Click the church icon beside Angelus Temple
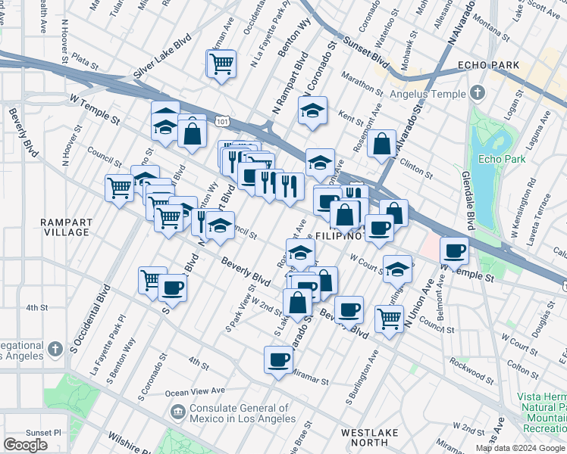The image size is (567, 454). click(477, 94)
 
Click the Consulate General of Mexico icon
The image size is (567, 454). click(177, 412)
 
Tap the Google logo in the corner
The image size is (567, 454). click(25, 445)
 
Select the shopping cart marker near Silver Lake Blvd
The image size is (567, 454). click(221, 64)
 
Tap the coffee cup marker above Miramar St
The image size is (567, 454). click(278, 359)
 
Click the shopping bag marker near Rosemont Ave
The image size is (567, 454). click(382, 143)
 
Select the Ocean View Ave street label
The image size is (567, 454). click(196, 392)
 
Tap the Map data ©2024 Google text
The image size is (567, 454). click(520, 448)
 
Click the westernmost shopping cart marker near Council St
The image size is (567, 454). click(120, 188)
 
